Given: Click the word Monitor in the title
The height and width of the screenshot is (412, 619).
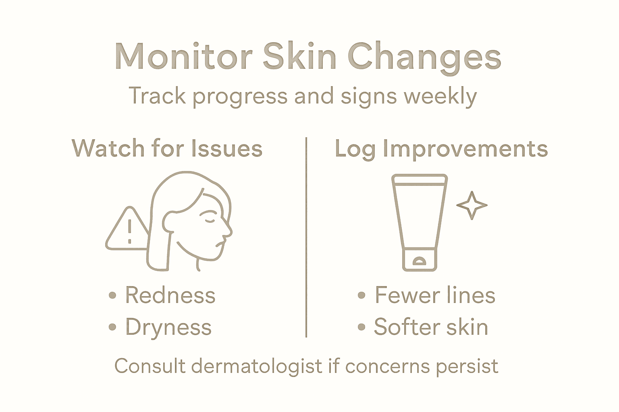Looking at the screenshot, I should pyautogui.click(x=184, y=56).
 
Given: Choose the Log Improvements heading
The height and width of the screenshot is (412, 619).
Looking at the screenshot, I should pyautogui.click(x=441, y=149).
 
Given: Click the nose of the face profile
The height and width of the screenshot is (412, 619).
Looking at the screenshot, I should pyautogui.click(x=228, y=231).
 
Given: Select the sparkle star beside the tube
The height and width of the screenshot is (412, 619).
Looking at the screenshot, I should pyautogui.click(x=472, y=205).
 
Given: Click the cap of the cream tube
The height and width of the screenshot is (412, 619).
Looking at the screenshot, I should pyautogui.click(x=420, y=260).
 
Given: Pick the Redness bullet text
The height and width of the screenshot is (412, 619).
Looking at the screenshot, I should pyautogui.click(x=170, y=295).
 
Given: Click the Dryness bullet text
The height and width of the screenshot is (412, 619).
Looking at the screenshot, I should pyautogui.click(x=168, y=327).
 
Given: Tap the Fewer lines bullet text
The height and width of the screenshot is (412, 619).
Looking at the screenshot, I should pyautogui.click(x=435, y=295).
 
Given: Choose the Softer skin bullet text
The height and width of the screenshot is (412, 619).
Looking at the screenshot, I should pyautogui.click(x=431, y=327).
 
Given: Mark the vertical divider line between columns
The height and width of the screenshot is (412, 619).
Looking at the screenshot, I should pyautogui.click(x=306, y=237).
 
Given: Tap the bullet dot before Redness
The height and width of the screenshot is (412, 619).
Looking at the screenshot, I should pyautogui.click(x=112, y=296).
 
